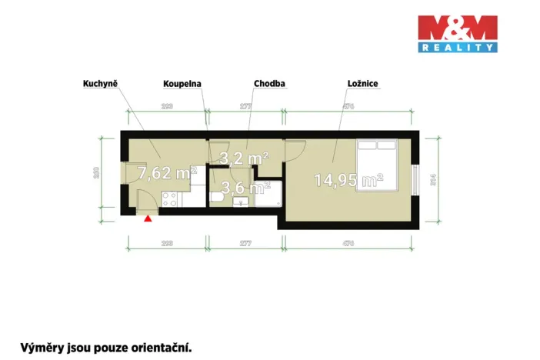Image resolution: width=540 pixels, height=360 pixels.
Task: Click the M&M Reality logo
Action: (x=457, y=34)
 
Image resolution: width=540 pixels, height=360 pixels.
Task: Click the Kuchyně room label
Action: (x=100, y=82)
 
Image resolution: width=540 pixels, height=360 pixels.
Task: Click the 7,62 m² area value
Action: (x=166, y=172)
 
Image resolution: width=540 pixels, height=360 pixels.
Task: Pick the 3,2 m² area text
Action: (x=244, y=158)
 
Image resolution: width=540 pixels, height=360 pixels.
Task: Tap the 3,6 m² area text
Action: (x=245, y=187)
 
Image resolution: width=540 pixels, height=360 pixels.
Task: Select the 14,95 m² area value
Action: (x=348, y=181)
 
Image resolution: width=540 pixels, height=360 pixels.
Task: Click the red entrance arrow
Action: (x=148, y=218)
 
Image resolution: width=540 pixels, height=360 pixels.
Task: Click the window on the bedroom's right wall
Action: (x=416, y=180)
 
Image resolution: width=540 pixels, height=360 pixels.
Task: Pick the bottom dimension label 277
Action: (x=245, y=243)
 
